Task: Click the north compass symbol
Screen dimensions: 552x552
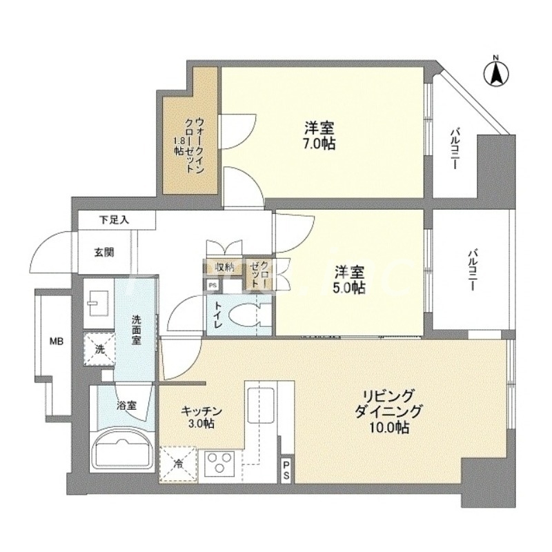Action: click(495, 72)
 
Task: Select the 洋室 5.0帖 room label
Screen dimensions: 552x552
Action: click(350, 280)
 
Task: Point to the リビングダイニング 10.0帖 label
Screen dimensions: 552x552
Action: click(390, 412)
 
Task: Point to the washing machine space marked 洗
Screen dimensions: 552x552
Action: click(100, 349)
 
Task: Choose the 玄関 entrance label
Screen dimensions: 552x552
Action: click(104, 252)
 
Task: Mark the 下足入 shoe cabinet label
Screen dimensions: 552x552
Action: click(114, 220)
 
